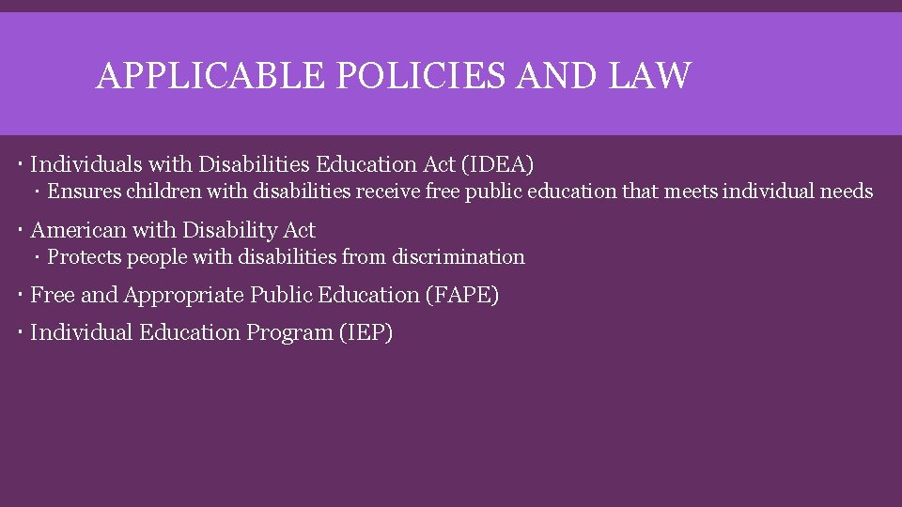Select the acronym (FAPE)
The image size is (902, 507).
[462, 295]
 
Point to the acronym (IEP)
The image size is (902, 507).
[365, 332]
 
